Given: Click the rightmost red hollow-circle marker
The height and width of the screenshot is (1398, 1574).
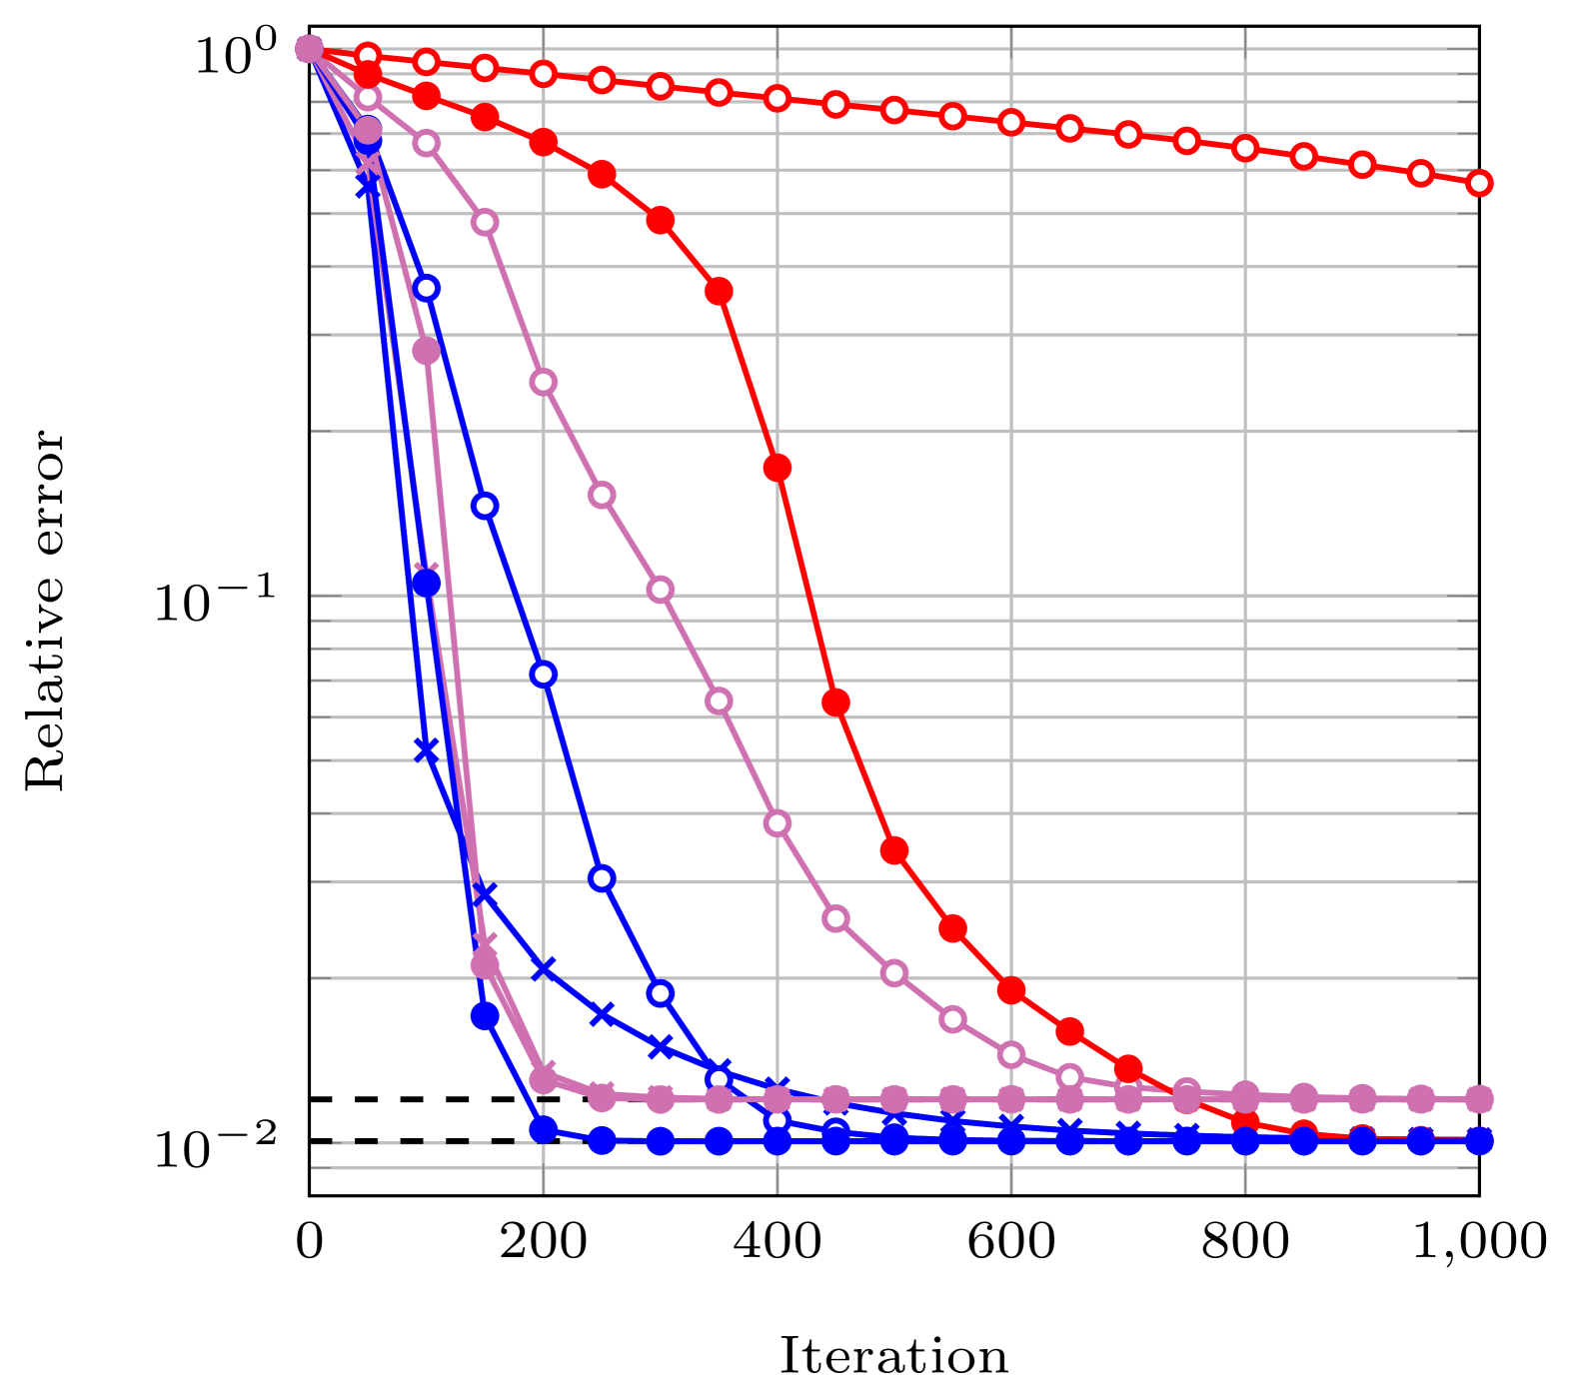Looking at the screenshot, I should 1479,183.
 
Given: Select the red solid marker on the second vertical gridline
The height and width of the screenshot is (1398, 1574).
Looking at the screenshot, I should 778,467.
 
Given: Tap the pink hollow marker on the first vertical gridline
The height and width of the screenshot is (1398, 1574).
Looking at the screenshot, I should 544,382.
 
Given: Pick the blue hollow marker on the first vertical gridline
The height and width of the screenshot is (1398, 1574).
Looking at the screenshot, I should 544,675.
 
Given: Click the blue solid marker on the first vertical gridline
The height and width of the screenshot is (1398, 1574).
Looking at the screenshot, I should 544,1130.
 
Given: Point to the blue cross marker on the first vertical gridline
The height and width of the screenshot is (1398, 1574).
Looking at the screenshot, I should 544,968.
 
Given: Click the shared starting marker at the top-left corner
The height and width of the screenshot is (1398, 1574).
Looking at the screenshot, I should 310,48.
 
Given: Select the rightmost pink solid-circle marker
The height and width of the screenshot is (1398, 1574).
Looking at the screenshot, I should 1479,1099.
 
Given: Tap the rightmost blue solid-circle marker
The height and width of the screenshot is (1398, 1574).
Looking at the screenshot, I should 1479,1140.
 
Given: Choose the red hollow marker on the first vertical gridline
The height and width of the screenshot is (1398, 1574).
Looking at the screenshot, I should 544,74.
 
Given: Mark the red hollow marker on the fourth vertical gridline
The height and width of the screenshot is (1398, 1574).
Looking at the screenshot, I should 1245,148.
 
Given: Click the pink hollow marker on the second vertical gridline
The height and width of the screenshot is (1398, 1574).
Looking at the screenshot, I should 778,823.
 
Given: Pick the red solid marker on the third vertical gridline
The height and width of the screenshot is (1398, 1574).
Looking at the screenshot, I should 1011,990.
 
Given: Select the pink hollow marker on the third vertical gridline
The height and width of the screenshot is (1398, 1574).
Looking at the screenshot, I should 1011,1054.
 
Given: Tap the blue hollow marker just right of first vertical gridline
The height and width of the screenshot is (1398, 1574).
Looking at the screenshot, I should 602,878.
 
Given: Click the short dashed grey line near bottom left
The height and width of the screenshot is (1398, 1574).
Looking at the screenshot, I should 420,1142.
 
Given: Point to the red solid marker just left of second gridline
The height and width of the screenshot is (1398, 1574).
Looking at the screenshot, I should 719,291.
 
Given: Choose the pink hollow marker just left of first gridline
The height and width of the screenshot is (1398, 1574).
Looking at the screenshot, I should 485,222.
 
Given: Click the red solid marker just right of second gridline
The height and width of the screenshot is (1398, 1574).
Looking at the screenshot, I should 835,701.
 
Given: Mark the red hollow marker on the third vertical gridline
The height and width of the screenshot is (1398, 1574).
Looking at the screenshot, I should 1011,122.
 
